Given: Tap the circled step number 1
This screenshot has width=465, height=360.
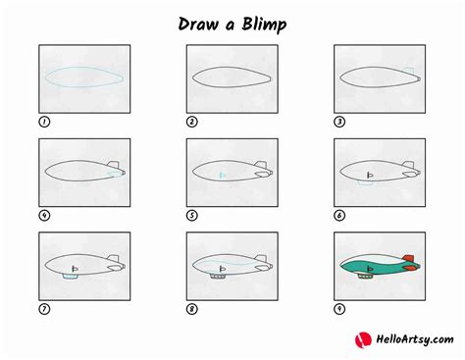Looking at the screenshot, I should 44,122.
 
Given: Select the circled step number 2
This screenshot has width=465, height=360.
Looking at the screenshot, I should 192,122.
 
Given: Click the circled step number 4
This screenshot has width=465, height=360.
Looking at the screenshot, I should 44,215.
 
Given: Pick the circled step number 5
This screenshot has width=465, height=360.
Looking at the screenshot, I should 192,215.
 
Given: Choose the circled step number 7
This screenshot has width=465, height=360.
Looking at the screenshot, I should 44,308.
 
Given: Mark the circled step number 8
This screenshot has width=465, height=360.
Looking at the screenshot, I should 192,308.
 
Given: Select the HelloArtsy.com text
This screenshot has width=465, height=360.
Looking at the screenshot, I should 409,340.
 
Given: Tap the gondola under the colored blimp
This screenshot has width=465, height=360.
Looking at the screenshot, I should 364,278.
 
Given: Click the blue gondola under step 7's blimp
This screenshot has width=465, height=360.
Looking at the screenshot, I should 68,278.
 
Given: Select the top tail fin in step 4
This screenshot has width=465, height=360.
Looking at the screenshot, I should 114,164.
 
